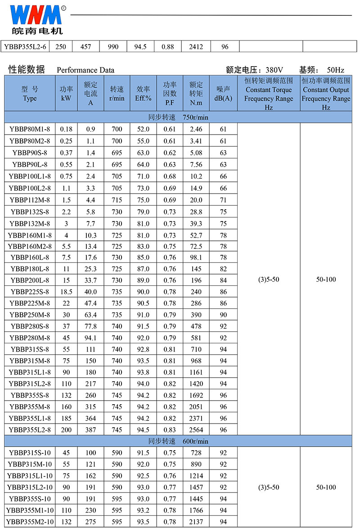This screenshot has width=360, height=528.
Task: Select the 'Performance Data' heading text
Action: (x=85, y=70)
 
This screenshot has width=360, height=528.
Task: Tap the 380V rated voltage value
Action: (x=274, y=70)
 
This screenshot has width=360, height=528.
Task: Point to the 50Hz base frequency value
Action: (x=335, y=70)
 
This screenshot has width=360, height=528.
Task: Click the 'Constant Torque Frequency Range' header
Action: (x=269, y=94)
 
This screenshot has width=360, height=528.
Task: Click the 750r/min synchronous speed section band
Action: (x=178, y=117)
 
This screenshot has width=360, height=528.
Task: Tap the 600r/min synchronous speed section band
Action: (x=178, y=441)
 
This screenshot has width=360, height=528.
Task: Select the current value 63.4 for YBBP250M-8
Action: (x=91, y=315)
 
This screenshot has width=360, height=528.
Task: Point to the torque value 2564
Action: (x=196, y=430)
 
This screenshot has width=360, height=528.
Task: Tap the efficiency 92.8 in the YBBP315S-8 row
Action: (x=143, y=349)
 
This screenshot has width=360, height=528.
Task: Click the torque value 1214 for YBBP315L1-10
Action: (x=196, y=476)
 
